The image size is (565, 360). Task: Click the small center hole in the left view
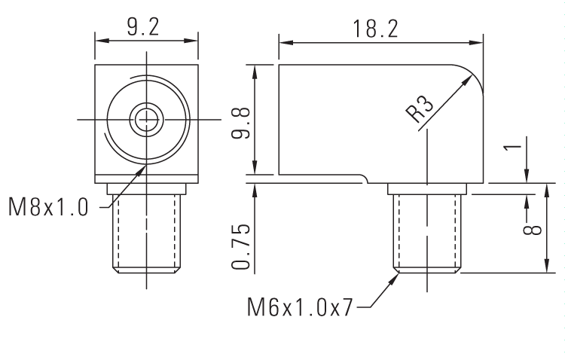tap(146, 118)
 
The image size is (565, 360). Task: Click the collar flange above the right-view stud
tap(427, 188)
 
